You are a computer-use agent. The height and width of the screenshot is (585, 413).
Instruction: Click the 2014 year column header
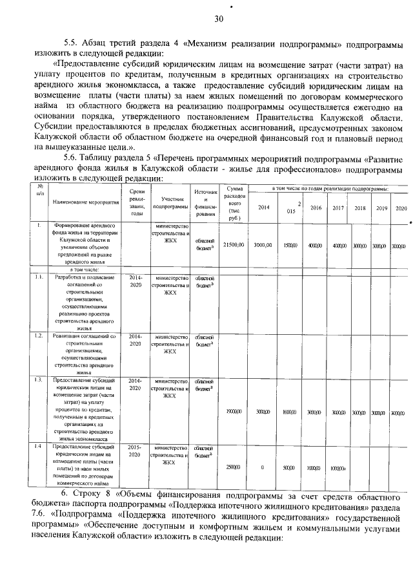(263, 207)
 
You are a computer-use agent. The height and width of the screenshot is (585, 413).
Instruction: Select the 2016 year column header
(316, 207)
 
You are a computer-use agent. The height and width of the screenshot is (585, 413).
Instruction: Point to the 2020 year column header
(401, 207)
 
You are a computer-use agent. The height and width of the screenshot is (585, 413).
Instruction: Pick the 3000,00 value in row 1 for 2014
(263, 246)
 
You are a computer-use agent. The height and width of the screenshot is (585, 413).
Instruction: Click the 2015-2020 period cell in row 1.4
(135, 451)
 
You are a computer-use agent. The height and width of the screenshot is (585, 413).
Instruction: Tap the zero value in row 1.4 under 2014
(263, 467)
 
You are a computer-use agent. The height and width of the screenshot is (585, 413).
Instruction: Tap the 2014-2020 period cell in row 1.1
(135, 281)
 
